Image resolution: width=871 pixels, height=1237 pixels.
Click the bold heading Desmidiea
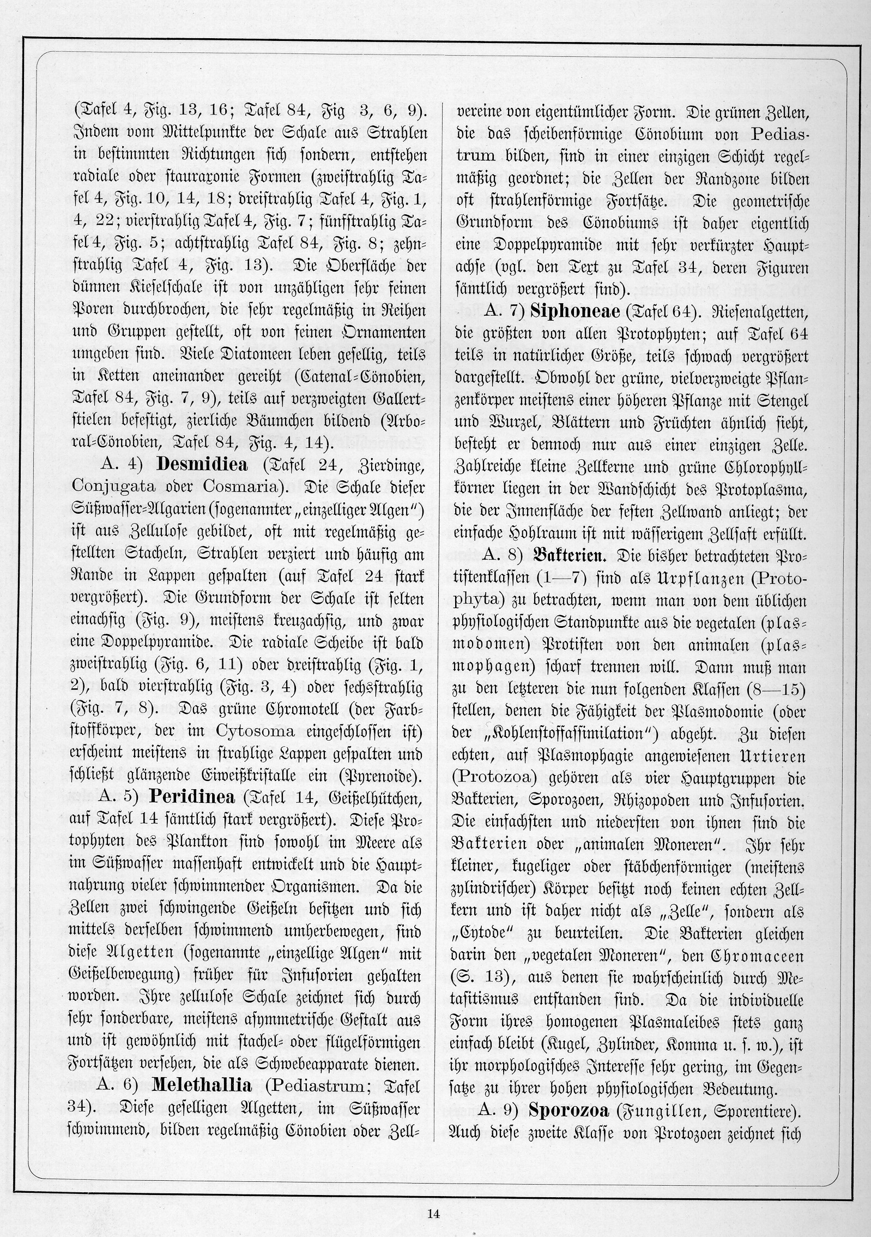(202, 464)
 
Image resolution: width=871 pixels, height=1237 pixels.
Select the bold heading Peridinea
(192, 797)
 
